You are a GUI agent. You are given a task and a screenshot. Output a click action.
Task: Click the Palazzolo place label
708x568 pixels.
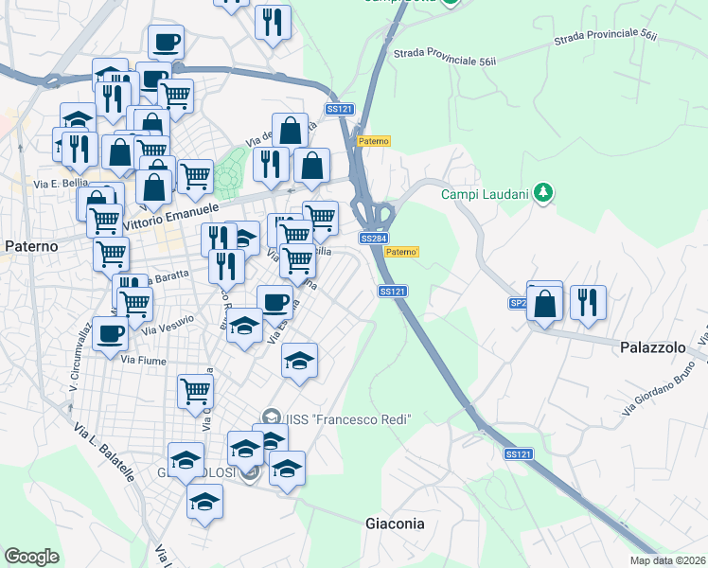point(653,347)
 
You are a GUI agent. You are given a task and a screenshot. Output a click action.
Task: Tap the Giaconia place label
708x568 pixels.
point(395,523)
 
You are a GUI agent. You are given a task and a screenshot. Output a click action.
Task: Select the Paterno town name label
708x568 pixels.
point(31,246)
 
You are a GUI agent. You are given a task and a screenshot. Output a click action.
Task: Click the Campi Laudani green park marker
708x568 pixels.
point(542,193)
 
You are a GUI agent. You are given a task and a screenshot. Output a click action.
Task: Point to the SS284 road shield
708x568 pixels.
point(374,239)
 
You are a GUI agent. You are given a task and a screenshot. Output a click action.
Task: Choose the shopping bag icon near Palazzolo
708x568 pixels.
point(545,304)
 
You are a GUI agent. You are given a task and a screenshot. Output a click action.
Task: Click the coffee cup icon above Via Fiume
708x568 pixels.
point(110,332)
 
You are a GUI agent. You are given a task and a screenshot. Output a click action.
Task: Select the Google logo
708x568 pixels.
point(31,557)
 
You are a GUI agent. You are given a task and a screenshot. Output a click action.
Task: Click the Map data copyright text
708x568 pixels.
point(667,560)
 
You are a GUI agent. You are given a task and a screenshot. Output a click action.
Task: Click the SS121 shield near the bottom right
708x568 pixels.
point(518,454)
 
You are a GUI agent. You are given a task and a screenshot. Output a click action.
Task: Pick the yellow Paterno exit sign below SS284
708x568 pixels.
point(402,252)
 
